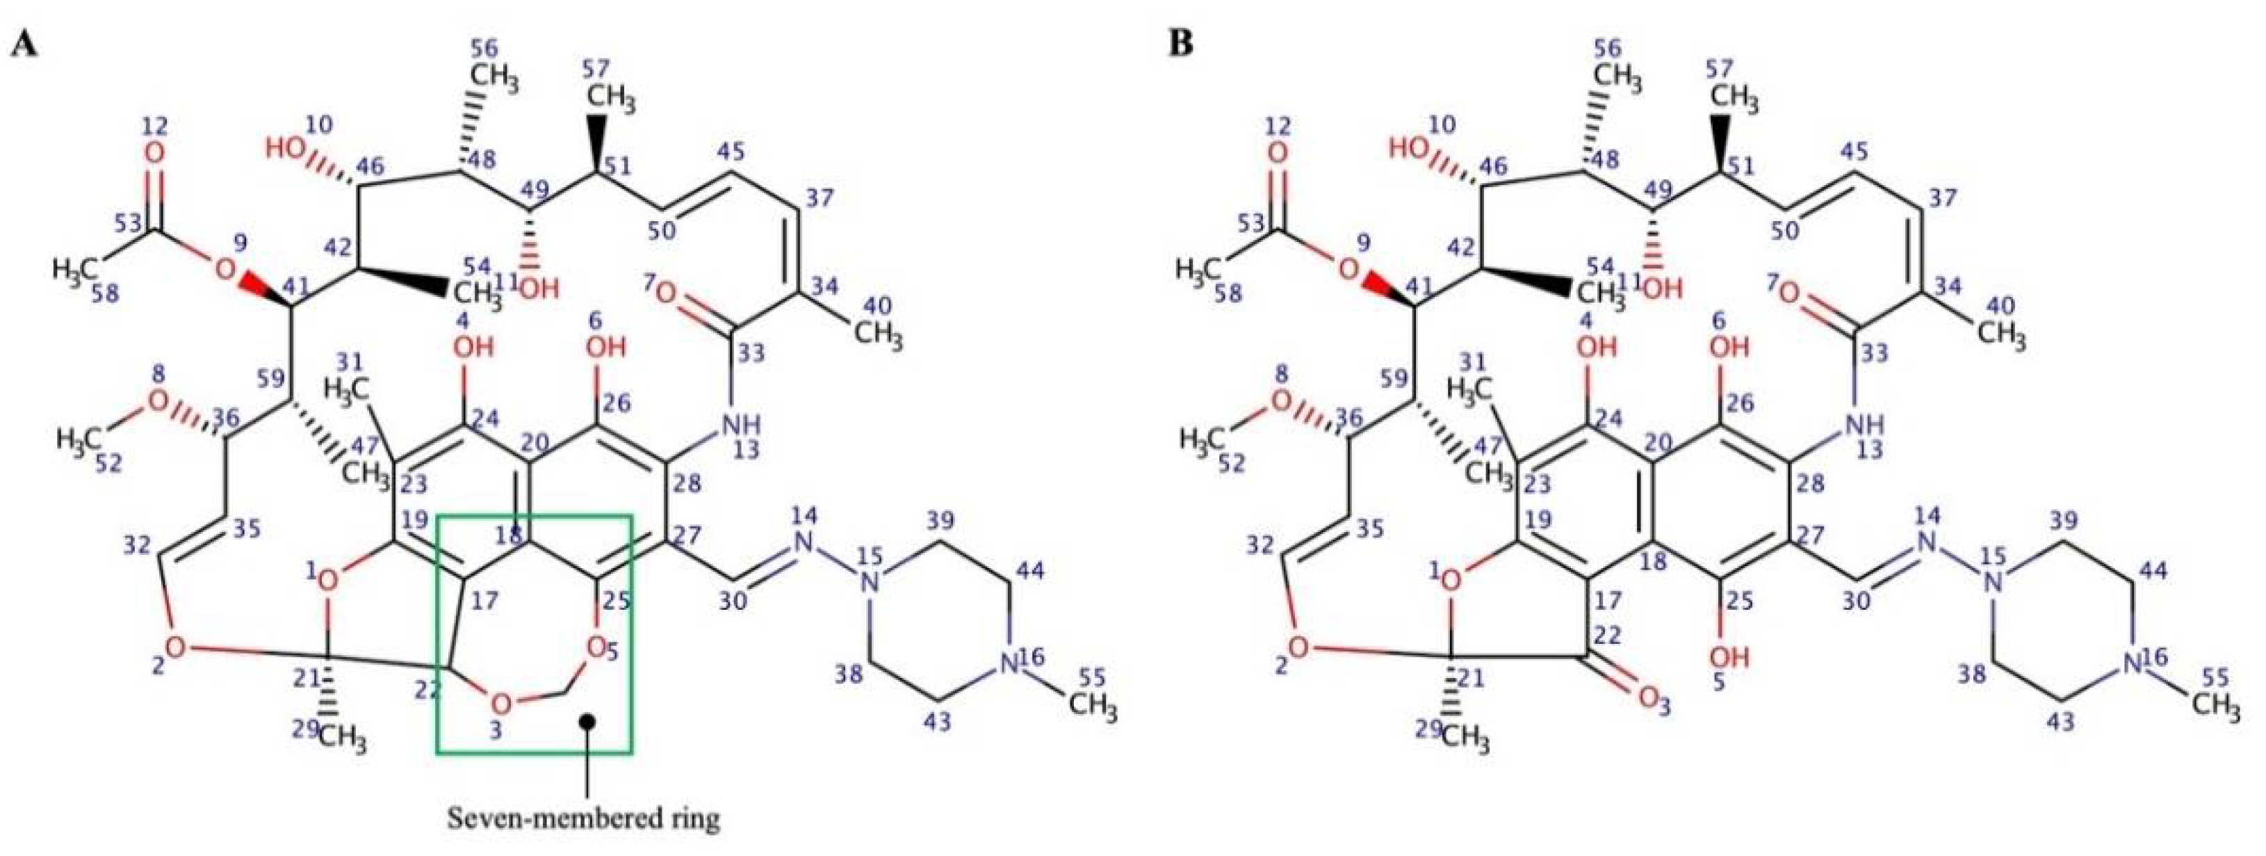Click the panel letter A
point(23,43)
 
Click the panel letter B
point(1182,43)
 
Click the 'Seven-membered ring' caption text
point(584,819)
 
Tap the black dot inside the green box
point(587,720)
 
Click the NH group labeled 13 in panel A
point(742,428)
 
